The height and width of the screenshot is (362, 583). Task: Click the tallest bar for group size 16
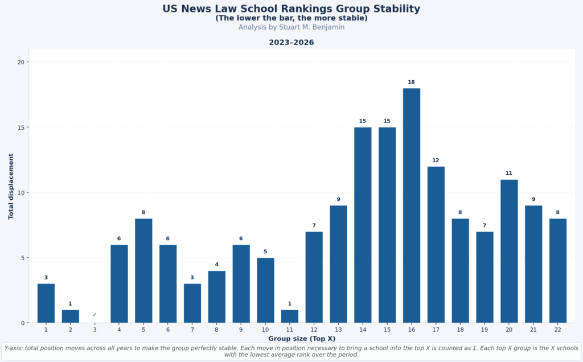(x=412, y=205)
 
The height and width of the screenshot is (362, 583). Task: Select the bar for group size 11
(x=290, y=316)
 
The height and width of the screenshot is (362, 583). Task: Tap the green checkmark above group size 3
(x=95, y=315)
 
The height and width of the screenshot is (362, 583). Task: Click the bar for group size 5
(x=143, y=270)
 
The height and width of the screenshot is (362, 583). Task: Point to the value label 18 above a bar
(x=412, y=82)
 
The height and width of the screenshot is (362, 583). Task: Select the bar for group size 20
(x=509, y=251)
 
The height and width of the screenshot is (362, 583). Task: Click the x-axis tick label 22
(x=558, y=330)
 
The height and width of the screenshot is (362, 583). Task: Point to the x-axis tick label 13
(x=338, y=330)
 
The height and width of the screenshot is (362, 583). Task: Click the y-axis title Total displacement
(x=11, y=186)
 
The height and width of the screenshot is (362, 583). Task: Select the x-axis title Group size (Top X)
(x=302, y=339)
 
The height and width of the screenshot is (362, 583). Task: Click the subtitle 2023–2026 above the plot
(x=291, y=43)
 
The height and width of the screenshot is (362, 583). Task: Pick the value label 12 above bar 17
(x=436, y=161)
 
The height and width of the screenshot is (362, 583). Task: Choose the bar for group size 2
(x=71, y=316)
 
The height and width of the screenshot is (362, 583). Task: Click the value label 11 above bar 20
(x=509, y=174)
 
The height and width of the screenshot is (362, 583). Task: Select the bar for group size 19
(x=485, y=277)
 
